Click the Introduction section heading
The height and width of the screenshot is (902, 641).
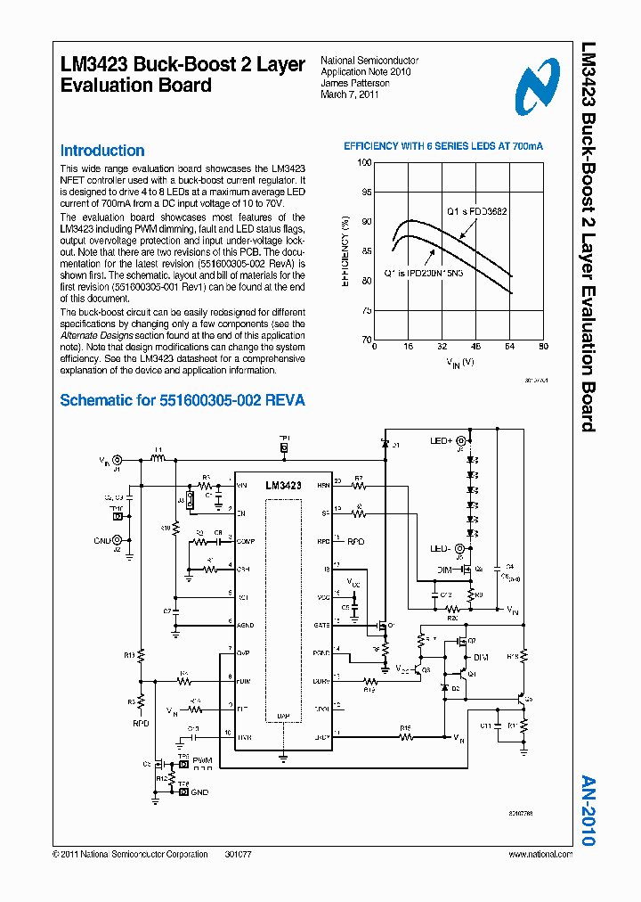click(x=101, y=151)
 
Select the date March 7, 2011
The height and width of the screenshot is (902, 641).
click(x=350, y=94)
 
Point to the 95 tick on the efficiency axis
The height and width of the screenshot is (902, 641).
click(x=365, y=192)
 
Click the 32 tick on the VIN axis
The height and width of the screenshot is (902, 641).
click(x=442, y=346)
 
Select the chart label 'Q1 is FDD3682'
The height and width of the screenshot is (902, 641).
click(x=477, y=212)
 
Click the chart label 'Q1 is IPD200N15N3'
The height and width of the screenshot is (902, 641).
click(x=424, y=273)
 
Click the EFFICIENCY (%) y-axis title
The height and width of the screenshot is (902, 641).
click(x=345, y=250)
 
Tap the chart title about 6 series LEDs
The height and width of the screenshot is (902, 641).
click(x=443, y=145)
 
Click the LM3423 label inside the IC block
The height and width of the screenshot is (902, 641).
click(x=283, y=486)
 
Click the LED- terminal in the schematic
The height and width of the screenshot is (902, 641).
click(x=441, y=548)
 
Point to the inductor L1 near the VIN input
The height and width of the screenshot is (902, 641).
click(x=158, y=459)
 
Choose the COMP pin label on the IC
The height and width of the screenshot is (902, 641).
click(x=246, y=541)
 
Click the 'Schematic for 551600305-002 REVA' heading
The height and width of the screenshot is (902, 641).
click(x=183, y=400)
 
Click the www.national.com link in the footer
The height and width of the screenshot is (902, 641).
click(x=540, y=854)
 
